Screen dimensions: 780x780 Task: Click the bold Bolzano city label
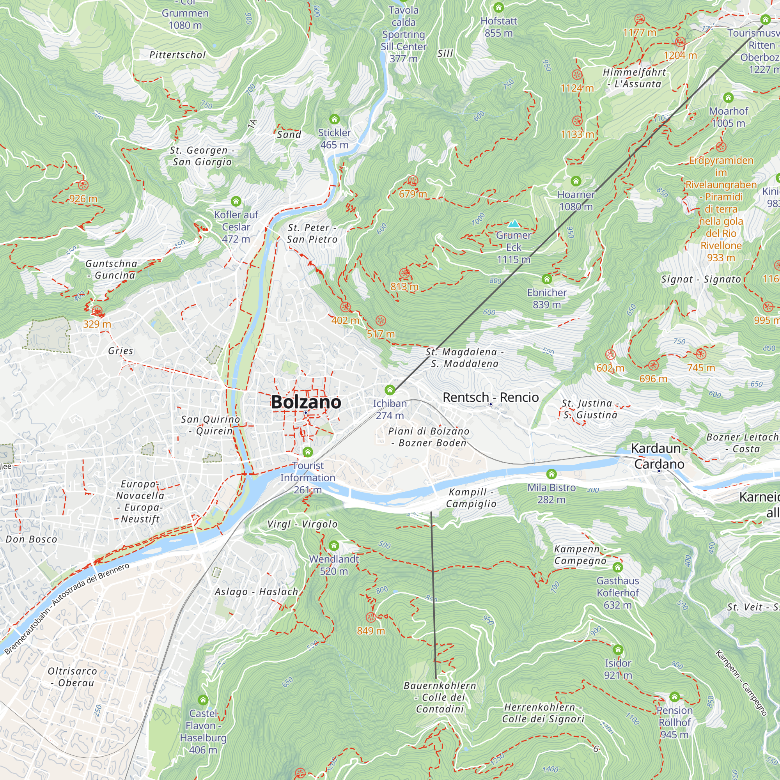[x=306, y=402]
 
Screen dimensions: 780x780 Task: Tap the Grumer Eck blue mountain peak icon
[x=514, y=223]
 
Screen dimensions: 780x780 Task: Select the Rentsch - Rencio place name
[x=491, y=397]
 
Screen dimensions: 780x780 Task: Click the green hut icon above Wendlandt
[x=334, y=546]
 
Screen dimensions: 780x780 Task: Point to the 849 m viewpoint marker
[x=370, y=617]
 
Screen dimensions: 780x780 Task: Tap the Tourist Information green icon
[x=308, y=452]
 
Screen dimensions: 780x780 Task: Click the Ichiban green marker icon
[x=390, y=390]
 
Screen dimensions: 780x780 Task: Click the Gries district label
[x=120, y=351]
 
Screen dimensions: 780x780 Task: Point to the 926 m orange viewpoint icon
[x=83, y=185]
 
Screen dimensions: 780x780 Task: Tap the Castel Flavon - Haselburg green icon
[x=203, y=700]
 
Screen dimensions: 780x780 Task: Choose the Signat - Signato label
[x=701, y=279]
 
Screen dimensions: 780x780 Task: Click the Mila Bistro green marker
[x=551, y=474]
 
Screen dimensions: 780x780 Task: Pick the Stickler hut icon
[x=334, y=119]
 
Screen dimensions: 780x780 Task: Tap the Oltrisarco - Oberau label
[x=73, y=677]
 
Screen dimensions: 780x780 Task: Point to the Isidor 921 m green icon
[x=618, y=650]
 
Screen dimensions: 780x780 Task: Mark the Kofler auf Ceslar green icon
[x=236, y=201]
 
